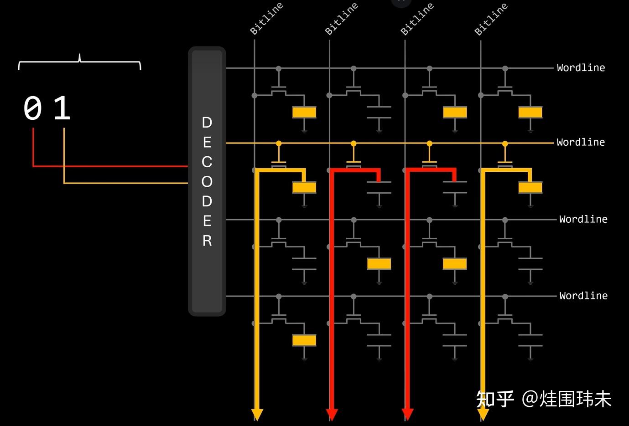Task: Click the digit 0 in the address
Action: pyautogui.click(x=32, y=108)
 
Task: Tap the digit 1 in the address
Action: pyautogui.click(x=62, y=108)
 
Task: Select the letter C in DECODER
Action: pyautogui.click(x=207, y=162)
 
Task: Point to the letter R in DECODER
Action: pyautogui.click(x=207, y=241)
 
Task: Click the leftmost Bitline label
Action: pyautogui.click(x=266, y=19)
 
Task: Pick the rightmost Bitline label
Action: pyautogui.click(x=491, y=19)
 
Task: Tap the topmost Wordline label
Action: pyautogui.click(x=581, y=68)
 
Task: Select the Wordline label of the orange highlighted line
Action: pyautogui.click(x=581, y=143)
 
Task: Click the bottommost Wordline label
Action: pyautogui.click(x=583, y=296)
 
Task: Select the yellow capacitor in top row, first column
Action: pyautogui.click(x=304, y=112)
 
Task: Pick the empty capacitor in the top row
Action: pyautogui.click(x=379, y=112)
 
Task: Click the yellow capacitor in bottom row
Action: pyautogui.click(x=304, y=340)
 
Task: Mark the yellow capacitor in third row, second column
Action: pyautogui.click(x=379, y=264)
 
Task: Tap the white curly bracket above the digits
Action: pyautogui.click(x=79, y=62)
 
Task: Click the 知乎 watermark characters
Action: pyautogui.click(x=495, y=399)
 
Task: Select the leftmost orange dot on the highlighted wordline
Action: pyautogui.click(x=279, y=144)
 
